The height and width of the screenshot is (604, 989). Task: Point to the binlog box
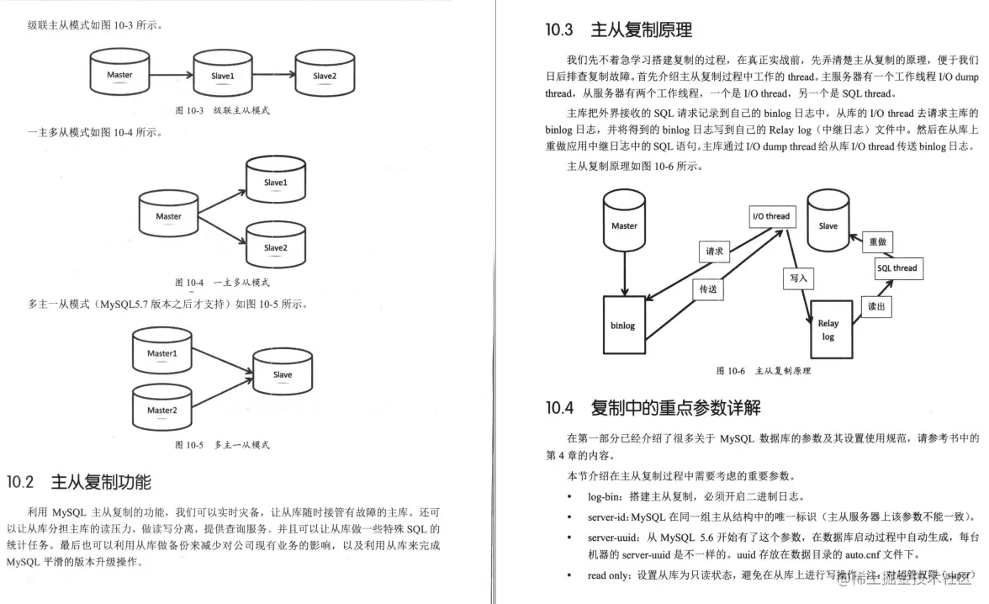[x=623, y=325]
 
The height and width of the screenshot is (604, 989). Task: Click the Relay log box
[x=828, y=330]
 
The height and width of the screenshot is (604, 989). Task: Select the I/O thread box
[x=770, y=216]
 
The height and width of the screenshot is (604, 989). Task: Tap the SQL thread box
[x=896, y=268]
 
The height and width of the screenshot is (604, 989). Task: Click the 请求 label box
[x=715, y=251]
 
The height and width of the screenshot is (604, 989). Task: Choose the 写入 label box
[x=798, y=278]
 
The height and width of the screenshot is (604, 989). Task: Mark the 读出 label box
[x=876, y=307]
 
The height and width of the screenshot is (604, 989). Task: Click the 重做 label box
[x=877, y=242]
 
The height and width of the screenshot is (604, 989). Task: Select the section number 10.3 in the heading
[x=559, y=30]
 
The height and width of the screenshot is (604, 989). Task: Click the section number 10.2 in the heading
[x=20, y=482]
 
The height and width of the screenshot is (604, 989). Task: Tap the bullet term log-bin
[x=606, y=496]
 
